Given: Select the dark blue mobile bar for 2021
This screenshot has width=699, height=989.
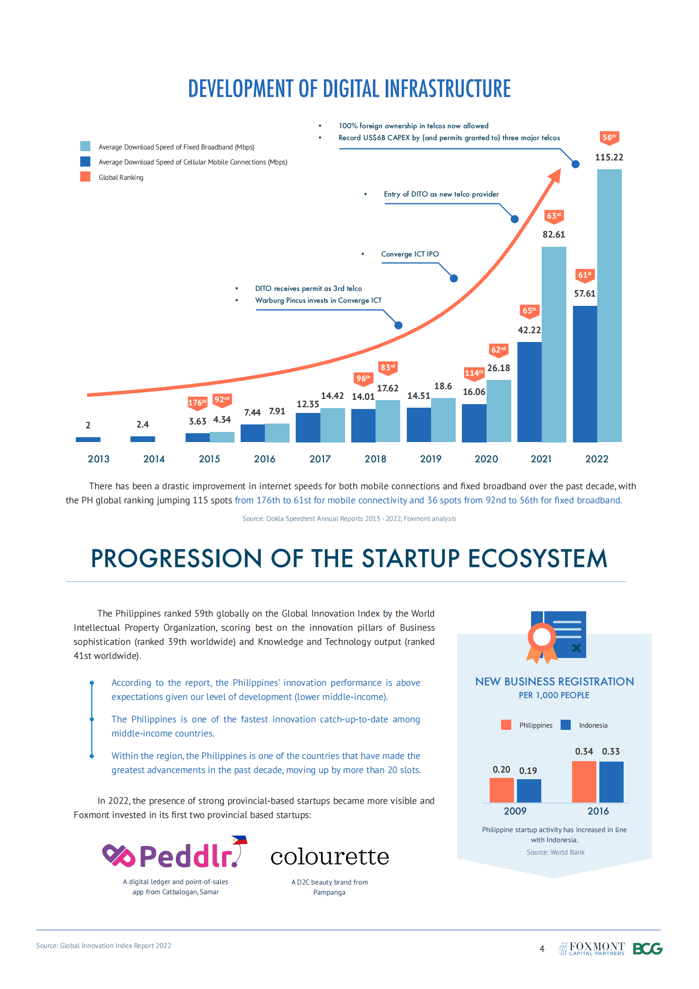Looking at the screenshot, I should (x=529, y=392).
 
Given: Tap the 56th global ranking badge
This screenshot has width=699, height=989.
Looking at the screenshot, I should (x=609, y=138).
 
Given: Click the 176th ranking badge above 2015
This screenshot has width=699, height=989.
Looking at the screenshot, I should (x=197, y=403).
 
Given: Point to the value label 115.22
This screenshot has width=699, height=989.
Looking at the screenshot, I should (x=609, y=157).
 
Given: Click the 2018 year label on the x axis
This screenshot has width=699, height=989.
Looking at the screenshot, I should (x=375, y=459).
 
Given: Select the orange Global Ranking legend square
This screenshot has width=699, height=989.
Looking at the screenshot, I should (x=85, y=177).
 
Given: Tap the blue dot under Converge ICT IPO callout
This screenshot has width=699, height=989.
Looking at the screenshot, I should (x=454, y=279).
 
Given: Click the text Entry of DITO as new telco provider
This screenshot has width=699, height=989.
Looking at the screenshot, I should (x=441, y=194).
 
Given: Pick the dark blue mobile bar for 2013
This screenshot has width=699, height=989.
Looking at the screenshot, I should (x=88, y=439).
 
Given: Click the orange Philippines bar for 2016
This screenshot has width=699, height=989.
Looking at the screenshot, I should (x=584, y=781).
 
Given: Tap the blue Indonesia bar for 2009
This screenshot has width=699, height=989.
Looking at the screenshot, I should (x=528, y=791).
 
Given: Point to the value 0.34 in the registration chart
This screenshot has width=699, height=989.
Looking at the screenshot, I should (x=584, y=751).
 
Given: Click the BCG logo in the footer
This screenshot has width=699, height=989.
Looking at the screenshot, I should (x=647, y=948).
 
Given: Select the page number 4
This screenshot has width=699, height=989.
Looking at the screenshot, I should (x=542, y=949).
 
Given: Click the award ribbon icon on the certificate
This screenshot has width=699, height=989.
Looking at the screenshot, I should (x=542, y=641).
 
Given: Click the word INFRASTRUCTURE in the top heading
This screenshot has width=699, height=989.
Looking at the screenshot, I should (x=447, y=89).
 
